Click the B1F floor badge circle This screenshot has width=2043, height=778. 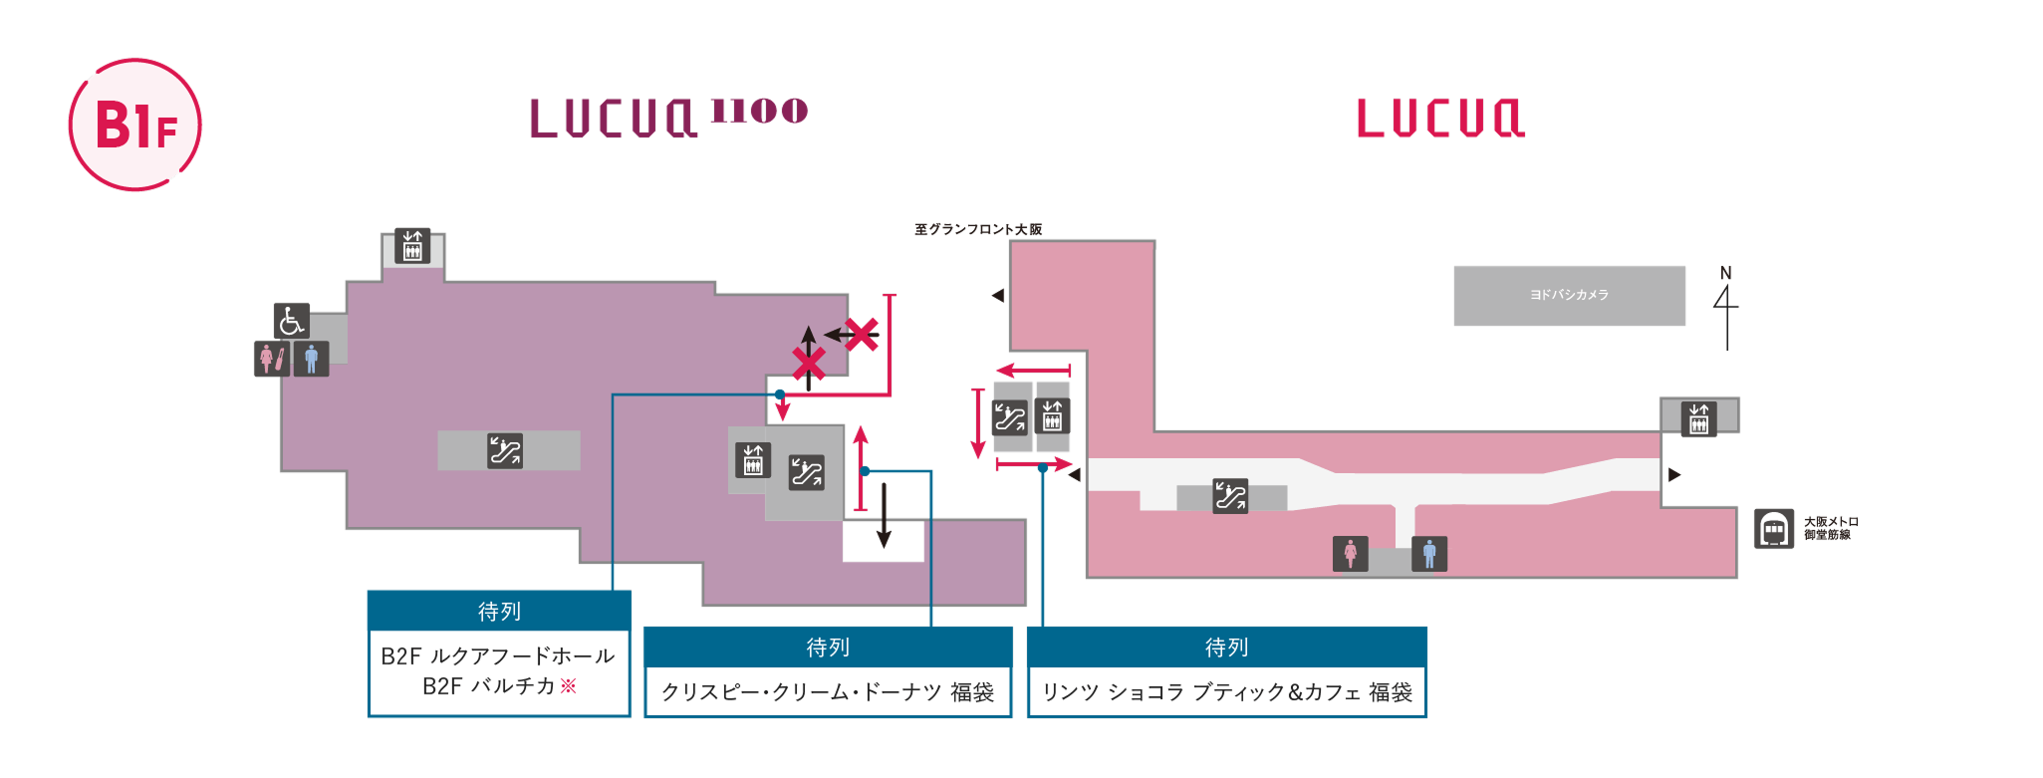coord(134,125)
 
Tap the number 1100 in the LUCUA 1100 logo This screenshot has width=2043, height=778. coord(759,111)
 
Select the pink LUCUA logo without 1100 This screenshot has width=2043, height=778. coord(1440,119)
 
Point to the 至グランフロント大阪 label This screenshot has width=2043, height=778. coord(978,229)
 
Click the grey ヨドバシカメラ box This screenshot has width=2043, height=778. coord(1569,295)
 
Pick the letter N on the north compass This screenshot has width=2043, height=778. coord(1726,273)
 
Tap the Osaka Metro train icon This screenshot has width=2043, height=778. coord(1773,529)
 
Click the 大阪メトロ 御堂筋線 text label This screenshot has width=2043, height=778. coord(1831,528)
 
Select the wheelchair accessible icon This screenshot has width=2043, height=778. coord(291,321)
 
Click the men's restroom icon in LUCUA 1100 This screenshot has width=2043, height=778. coord(311,359)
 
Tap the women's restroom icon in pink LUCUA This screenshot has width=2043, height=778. coord(1350,554)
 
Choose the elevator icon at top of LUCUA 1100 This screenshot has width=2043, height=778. coord(412,246)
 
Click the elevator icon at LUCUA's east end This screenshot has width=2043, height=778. coord(1698,418)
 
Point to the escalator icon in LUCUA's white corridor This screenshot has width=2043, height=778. coord(1230,495)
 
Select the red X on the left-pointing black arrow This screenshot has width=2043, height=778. coord(862,335)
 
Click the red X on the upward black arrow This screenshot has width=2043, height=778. coord(809,365)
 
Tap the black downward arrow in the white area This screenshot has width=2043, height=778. coord(884,518)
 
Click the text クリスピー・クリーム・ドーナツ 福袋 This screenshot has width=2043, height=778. coord(828,692)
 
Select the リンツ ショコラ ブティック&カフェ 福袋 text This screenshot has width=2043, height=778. coord(1226,692)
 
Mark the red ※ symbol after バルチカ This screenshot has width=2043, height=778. coord(569,685)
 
